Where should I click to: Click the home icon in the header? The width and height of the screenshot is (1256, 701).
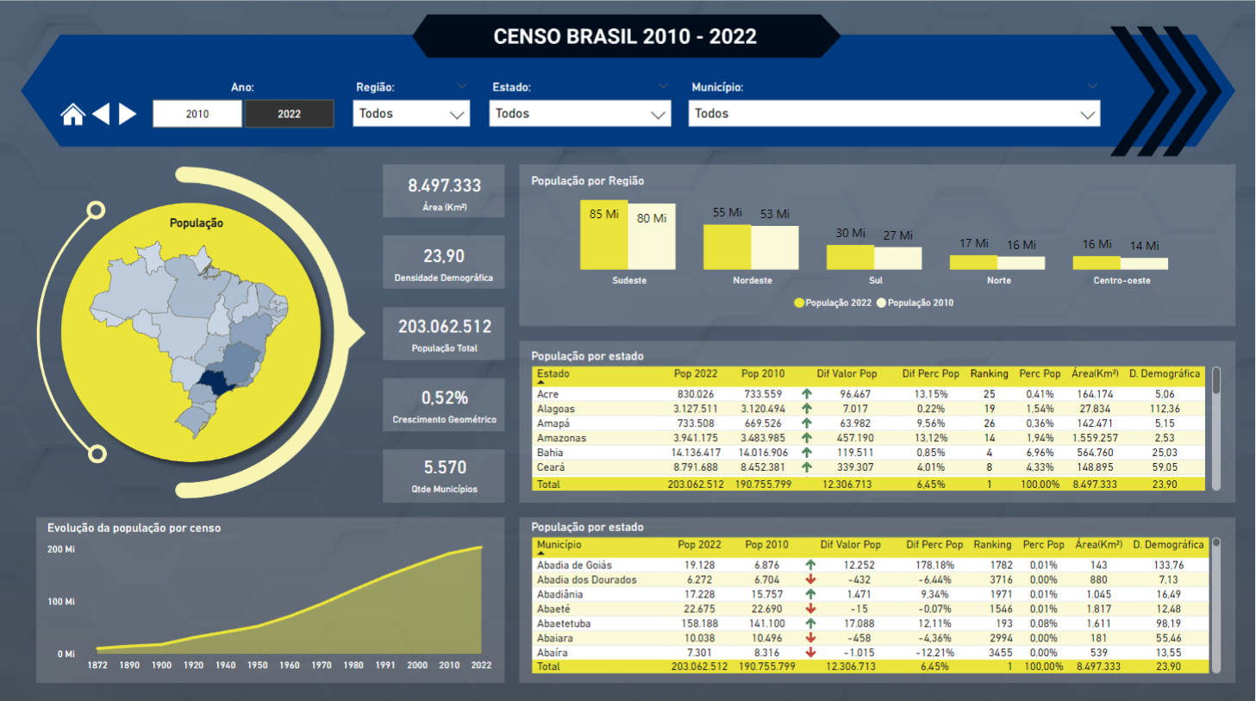click(x=72, y=114)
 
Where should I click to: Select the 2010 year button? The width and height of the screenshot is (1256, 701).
click(x=197, y=114)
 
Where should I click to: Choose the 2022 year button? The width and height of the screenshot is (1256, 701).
click(x=289, y=114)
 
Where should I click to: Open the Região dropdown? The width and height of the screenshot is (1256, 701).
click(x=411, y=114)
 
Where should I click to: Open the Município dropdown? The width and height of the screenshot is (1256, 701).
click(x=893, y=114)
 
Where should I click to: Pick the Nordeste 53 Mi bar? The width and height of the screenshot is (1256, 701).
click(x=774, y=247)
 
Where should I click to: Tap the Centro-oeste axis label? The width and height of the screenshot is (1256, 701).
click(x=1122, y=280)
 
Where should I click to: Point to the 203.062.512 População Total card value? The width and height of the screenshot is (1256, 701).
click(x=444, y=327)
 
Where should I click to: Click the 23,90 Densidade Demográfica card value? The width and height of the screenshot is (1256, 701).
click(x=444, y=256)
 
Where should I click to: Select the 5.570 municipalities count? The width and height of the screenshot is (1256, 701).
click(x=444, y=467)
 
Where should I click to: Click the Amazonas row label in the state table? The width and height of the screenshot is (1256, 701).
click(x=561, y=438)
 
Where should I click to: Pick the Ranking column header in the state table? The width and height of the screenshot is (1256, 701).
click(x=989, y=373)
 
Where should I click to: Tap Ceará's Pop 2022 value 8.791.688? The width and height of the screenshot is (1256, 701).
click(x=695, y=467)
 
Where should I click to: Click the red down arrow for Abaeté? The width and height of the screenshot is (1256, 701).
click(x=810, y=609)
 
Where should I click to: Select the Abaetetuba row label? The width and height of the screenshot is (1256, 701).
click(x=564, y=623)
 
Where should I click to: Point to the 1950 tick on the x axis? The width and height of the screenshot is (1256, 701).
click(x=258, y=666)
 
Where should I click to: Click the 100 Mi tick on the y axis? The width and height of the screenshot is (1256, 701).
click(x=61, y=602)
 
